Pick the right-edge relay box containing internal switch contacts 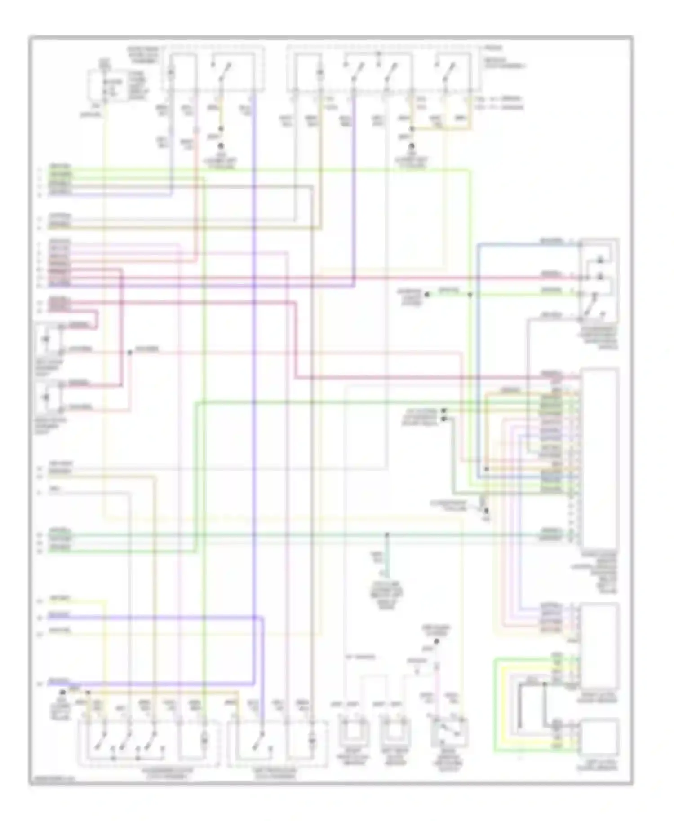point(599,280)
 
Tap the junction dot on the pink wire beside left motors point(129,353)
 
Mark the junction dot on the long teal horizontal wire point(387,534)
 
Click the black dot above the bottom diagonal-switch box point(437,641)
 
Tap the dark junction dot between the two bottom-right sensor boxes point(545,684)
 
